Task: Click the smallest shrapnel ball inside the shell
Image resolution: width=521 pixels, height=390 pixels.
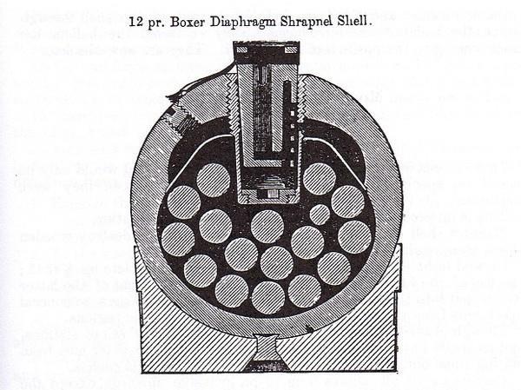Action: pos(320,215)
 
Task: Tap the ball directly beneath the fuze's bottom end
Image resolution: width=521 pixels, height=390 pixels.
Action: pos(267,225)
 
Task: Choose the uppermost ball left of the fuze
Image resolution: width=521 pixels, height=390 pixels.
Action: pos(213,180)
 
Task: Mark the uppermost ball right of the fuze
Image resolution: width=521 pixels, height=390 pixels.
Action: pos(320,178)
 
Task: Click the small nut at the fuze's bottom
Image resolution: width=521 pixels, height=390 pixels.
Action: pos(266,191)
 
